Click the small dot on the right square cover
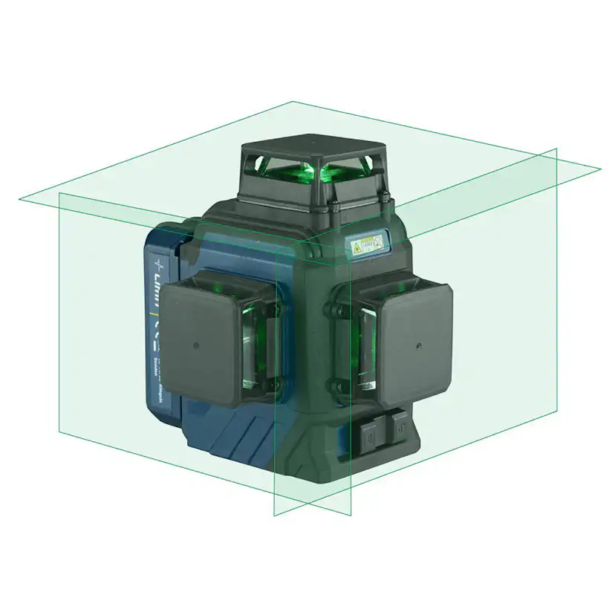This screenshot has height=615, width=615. point(417,345)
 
